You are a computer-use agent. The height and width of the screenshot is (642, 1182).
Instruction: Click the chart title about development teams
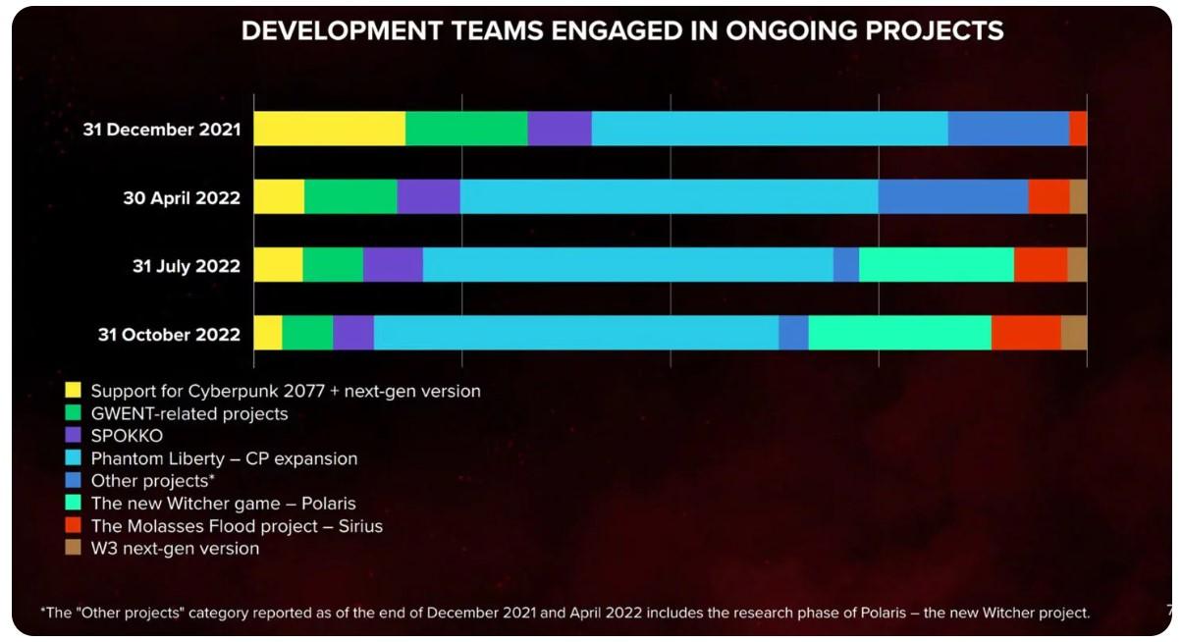point(621,31)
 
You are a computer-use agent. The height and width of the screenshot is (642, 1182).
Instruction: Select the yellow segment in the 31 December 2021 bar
point(329,129)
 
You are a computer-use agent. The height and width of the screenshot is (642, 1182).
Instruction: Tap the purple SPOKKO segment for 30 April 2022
point(428,196)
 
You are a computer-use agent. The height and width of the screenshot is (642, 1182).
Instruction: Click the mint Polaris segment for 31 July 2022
point(936,265)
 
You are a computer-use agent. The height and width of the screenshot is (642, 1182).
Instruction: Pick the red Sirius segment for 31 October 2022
point(1026,333)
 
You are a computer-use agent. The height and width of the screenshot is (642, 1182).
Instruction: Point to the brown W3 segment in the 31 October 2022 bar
point(1074,333)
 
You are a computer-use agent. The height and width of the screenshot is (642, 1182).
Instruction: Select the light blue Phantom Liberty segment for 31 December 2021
point(769,129)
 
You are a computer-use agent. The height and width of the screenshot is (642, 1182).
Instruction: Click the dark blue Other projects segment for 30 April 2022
point(952,196)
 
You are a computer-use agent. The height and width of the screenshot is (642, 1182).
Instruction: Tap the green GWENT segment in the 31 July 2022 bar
point(333,265)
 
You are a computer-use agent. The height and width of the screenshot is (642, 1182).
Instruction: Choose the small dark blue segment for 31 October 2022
point(793,333)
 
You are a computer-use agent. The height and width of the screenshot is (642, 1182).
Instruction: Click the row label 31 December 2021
point(162,130)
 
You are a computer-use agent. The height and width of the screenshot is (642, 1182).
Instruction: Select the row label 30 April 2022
point(182,197)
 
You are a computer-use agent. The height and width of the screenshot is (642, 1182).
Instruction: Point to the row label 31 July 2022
point(187,266)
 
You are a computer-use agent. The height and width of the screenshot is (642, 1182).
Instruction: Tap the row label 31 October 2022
point(169,334)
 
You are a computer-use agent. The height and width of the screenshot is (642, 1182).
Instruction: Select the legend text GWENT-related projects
point(189,413)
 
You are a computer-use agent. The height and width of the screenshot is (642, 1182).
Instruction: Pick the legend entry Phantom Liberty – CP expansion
point(224,458)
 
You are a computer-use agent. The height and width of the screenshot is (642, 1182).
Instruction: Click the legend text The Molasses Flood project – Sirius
point(237,526)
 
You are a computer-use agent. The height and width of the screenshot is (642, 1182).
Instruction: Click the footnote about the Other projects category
point(565,613)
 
